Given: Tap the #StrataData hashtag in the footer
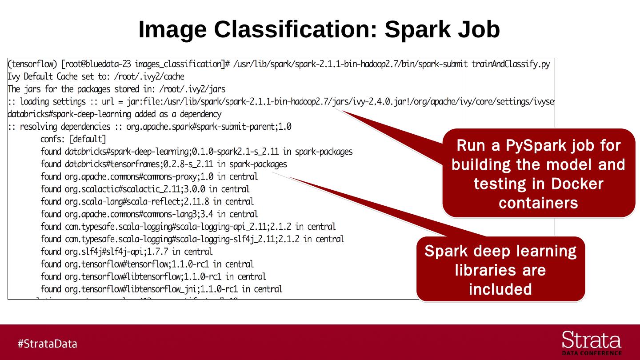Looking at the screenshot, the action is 48,344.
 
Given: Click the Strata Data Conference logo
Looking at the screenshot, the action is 592,343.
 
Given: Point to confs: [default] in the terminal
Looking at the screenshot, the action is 73,139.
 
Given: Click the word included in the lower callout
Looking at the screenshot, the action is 500,289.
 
